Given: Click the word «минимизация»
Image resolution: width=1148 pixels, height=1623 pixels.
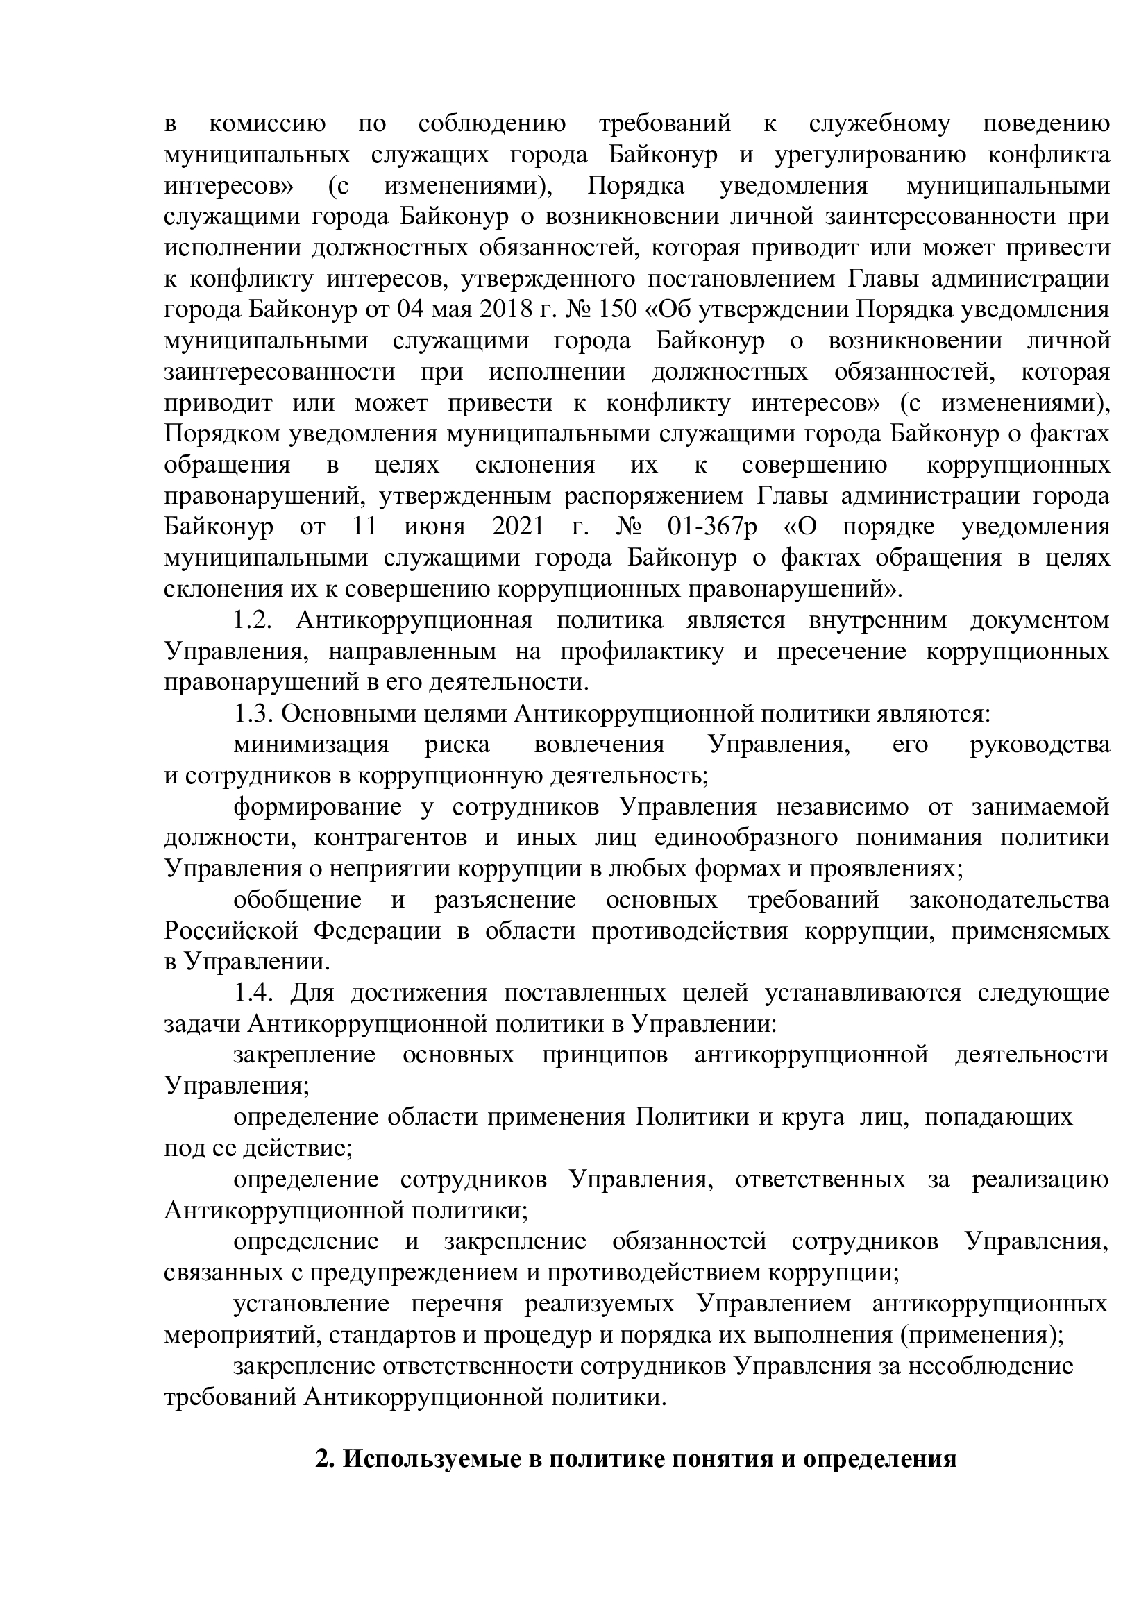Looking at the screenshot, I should coord(312,745).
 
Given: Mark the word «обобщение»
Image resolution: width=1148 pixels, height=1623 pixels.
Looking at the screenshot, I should coord(298,901).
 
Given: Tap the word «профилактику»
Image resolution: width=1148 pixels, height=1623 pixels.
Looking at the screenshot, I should coord(642,652).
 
